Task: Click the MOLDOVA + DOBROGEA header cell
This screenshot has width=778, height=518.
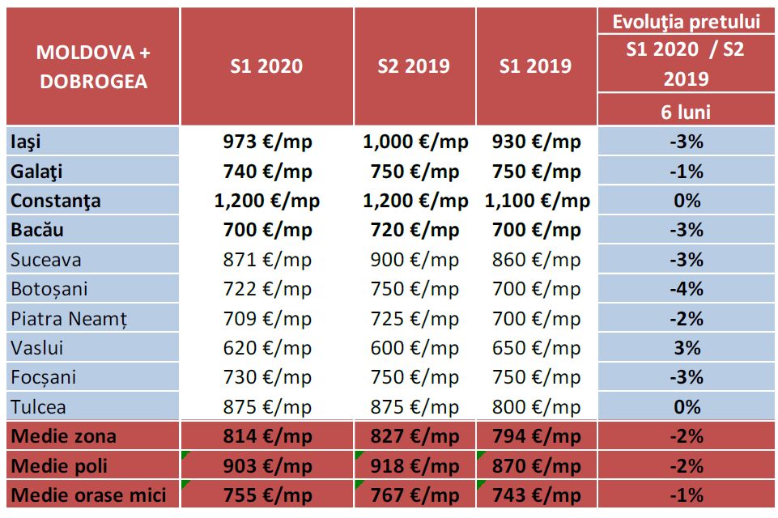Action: (x=93, y=66)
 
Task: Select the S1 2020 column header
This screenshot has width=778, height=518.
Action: (x=266, y=66)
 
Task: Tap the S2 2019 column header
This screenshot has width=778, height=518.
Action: (x=414, y=66)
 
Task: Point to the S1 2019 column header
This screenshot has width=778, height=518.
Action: (x=535, y=66)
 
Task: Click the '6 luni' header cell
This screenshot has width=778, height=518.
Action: (x=686, y=112)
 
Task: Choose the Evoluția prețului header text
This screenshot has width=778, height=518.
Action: (x=686, y=22)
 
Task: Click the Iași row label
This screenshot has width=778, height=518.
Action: (x=26, y=142)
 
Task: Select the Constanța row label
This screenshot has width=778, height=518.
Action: (x=56, y=201)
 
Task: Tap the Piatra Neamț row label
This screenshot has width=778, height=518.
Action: (x=69, y=318)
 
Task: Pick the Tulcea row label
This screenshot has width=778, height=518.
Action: (x=39, y=406)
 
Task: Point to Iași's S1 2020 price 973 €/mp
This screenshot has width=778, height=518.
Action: (x=266, y=142)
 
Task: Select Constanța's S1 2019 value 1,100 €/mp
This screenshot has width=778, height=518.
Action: (x=537, y=201)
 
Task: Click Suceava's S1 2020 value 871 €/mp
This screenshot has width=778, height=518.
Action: (x=266, y=260)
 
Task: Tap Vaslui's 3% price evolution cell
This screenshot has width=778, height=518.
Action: (x=687, y=347)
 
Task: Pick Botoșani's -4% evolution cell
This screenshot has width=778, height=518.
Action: (x=687, y=289)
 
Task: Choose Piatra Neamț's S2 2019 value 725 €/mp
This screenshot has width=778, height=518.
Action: (x=414, y=318)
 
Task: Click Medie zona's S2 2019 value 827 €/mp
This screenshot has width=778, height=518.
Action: (x=414, y=436)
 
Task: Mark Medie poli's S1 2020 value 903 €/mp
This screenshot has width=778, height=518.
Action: (x=266, y=465)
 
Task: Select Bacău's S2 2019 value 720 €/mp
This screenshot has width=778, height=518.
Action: (x=414, y=230)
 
